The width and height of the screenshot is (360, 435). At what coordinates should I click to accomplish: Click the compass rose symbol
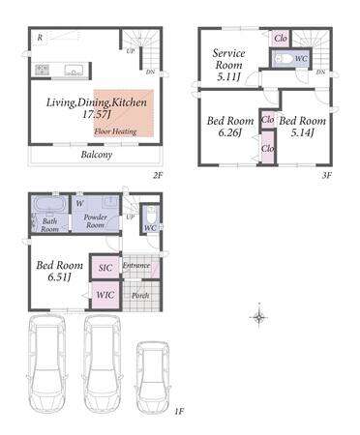click(259, 317)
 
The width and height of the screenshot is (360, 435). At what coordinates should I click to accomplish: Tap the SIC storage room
click(105, 267)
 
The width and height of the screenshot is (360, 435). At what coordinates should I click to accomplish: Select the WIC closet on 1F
click(105, 295)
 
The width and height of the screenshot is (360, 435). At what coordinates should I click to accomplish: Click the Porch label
click(140, 295)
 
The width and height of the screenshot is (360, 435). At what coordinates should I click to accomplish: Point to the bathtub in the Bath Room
click(50, 204)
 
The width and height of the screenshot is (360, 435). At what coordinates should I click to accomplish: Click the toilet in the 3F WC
click(283, 58)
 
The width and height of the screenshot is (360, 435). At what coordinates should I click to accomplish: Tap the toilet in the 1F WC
click(151, 214)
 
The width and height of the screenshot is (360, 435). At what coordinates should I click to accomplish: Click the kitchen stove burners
click(42, 70)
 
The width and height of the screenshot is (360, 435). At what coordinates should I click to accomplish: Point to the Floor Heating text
click(115, 131)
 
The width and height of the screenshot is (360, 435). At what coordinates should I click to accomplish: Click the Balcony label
click(97, 155)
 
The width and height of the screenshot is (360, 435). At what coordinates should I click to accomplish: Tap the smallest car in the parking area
click(152, 377)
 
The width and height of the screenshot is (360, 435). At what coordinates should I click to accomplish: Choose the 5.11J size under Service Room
click(228, 76)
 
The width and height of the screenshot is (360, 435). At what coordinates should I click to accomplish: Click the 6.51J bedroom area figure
click(59, 276)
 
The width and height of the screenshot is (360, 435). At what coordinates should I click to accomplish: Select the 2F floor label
click(158, 175)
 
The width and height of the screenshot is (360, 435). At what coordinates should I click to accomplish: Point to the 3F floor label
click(327, 175)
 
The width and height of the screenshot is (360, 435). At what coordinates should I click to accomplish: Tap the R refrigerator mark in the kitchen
click(40, 38)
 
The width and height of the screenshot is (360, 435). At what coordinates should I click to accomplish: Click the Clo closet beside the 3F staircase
click(281, 39)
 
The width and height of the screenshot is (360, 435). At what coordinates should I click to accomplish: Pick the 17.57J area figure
click(96, 114)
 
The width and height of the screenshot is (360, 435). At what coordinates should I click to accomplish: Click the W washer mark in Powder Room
click(80, 203)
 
